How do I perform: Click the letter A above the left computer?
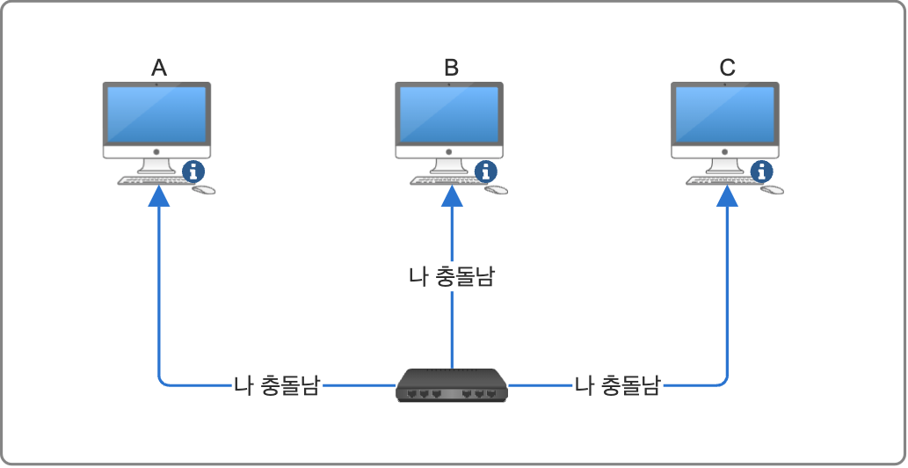tap(159, 68)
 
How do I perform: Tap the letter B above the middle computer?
tap(451, 68)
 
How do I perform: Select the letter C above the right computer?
tap(727, 68)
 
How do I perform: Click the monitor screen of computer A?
tap(156, 115)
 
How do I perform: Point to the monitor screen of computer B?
tap(449, 115)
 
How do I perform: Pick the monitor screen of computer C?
tap(725, 115)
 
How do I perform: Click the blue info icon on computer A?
tap(194, 171)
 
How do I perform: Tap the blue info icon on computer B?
tap(486, 171)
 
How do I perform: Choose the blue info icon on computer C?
tap(763, 171)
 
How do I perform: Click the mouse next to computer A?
tap(204, 189)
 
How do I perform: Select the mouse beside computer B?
tap(497, 189)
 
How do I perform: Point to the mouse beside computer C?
tap(773, 189)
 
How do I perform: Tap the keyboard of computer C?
tap(721, 181)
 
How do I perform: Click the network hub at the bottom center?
tap(452, 386)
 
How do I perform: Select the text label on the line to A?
tap(276, 385)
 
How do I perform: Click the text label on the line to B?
tap(452, 277)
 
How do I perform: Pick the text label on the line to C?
tap(617, 385)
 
